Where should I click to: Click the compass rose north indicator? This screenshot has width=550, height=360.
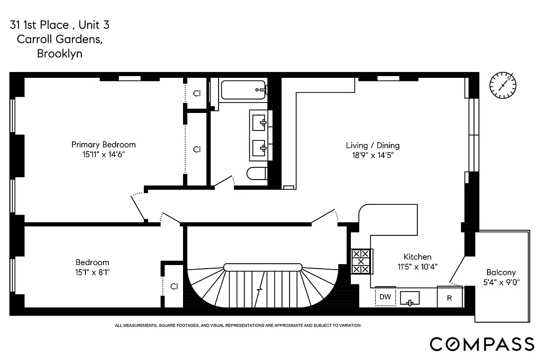[x=503, y=85]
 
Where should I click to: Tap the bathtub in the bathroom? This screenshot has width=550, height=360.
[x=242, y=90]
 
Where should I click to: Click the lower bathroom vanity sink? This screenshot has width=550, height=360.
[x=259, y=147]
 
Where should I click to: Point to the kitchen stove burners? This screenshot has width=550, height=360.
[x=362, y=261]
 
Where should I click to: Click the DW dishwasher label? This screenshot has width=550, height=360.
[x=385, y=297]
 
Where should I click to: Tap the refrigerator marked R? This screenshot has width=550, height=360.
[x=449, y=298]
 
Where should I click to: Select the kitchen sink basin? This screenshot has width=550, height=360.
[x=409, y=298]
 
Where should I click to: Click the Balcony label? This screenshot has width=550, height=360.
[x=501, y=272]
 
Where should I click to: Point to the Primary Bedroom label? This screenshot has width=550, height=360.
[x=103, y=144]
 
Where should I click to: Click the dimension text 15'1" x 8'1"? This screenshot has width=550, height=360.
[x=92, y=271]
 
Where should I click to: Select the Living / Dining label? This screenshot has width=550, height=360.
[x=372, y=145]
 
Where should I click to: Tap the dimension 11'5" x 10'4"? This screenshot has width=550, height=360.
[x=417, y=266]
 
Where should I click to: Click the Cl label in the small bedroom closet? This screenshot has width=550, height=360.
[x=174, y=286]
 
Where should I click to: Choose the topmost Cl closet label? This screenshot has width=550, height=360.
[x=197, y=94]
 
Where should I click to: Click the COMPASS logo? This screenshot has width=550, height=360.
[x=482, y=344]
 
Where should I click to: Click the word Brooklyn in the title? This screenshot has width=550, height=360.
[x=59, y=54]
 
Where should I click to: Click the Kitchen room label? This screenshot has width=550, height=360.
[x=417, y=256]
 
